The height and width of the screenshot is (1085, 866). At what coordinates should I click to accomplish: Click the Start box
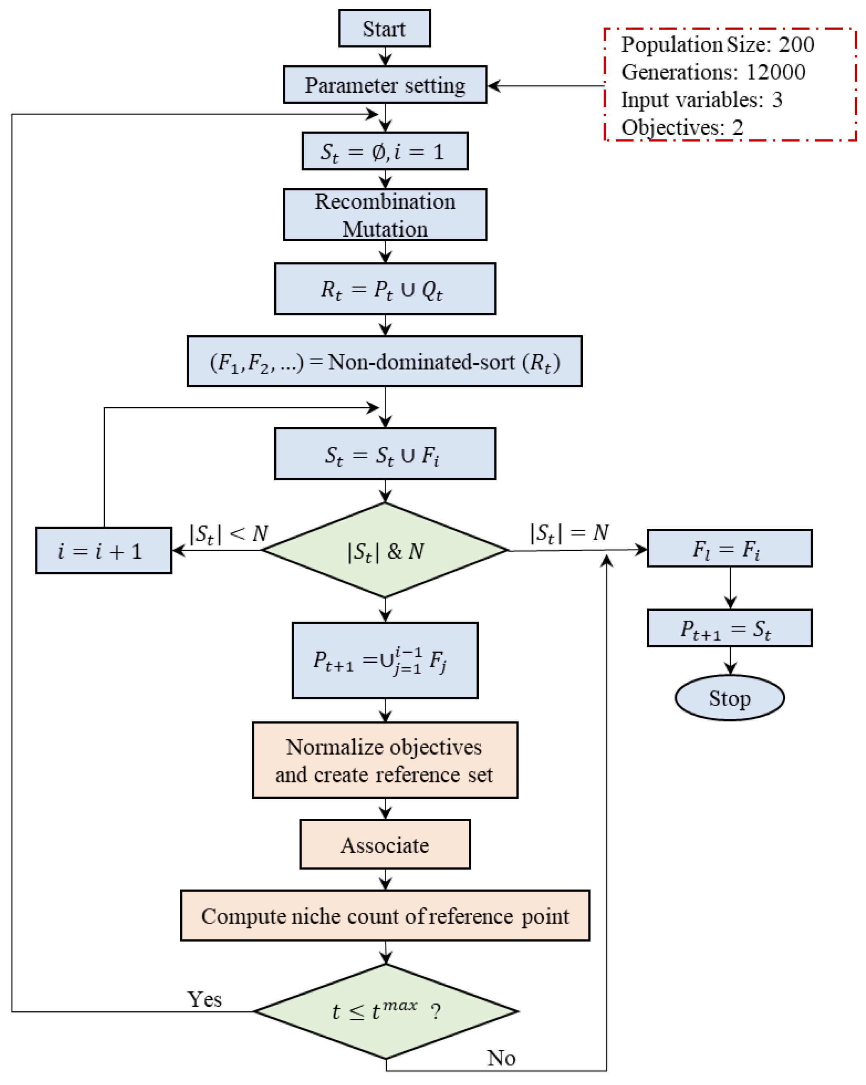[x=384, y=28]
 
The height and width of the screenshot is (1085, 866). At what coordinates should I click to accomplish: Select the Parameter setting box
[x=385, y=84]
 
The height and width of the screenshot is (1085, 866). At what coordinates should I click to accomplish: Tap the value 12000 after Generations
[x=775, y=72]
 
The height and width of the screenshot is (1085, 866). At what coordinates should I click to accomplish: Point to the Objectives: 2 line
[x=682, y=127]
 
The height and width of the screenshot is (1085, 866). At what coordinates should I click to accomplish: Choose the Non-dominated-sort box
[x=384, y=362]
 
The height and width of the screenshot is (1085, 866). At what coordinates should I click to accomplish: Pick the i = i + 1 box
[x=103, y=550]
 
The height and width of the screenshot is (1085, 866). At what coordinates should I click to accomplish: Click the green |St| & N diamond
[x=385, y=550]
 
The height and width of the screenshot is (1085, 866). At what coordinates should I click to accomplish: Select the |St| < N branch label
[x=228, y=533]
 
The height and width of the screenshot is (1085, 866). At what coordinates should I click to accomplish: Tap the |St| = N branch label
[x=569, y=533]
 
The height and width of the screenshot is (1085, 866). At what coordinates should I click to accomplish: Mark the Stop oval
[x=729, y=698]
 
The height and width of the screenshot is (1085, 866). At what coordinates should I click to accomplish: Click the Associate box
[x=385, y=845]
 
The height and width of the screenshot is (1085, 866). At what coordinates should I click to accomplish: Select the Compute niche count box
[x=385, y=916]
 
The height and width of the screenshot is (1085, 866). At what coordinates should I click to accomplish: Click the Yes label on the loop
[x=204, y=999]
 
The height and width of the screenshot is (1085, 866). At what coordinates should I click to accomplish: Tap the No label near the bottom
[x=501, y=1058]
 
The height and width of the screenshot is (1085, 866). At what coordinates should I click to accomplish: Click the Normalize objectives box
[x=385, y=760]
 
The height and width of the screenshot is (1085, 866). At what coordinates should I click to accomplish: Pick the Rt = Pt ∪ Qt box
[x=385, y=289]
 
